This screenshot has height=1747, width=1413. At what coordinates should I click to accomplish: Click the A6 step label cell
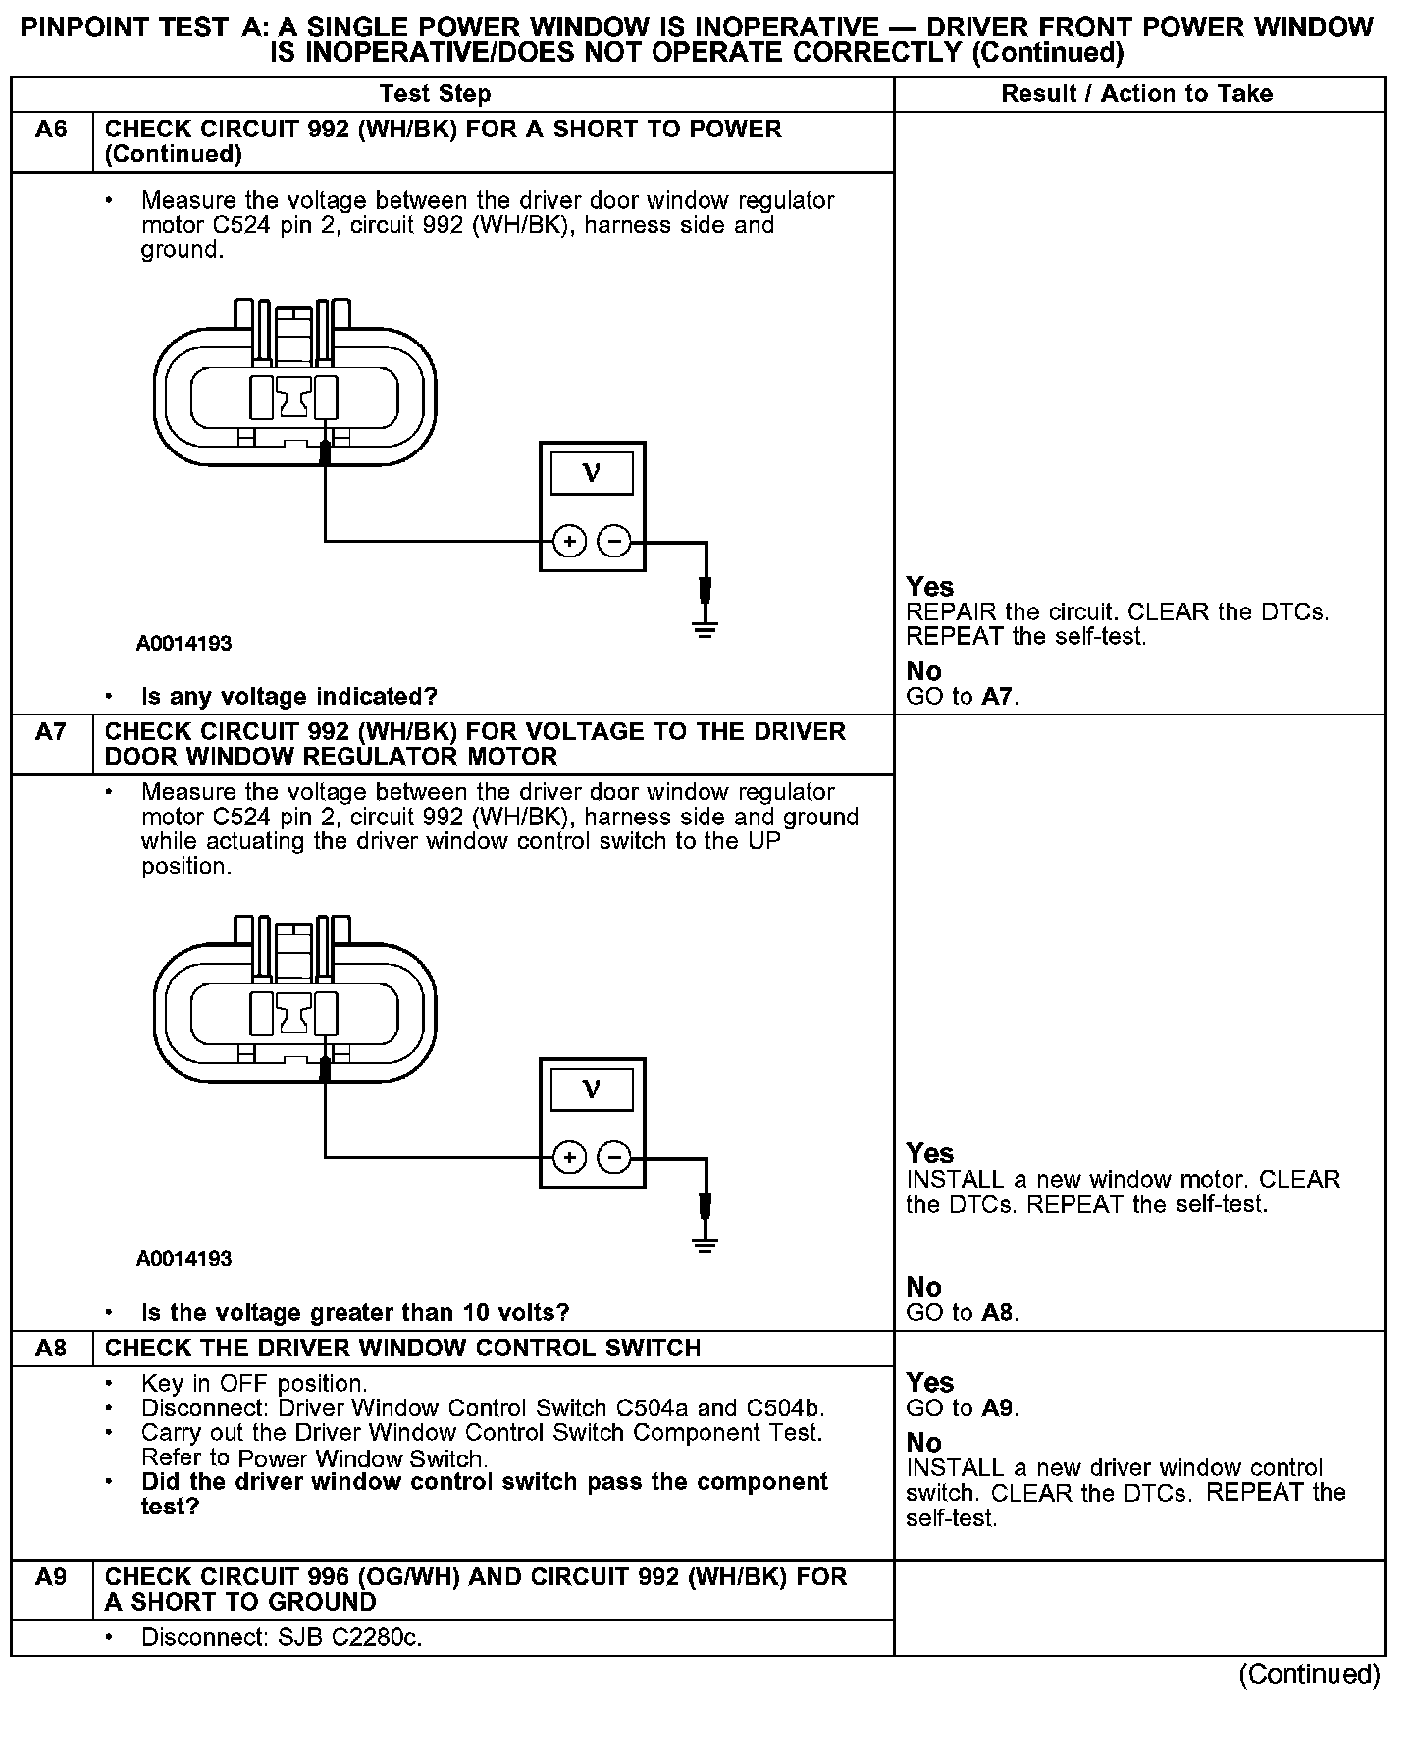[51, 131]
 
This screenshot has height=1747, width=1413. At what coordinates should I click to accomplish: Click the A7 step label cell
[51, 732]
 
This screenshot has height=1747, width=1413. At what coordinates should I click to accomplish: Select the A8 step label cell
[51, 1348]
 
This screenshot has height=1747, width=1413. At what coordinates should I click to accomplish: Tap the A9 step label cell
[51, 1577]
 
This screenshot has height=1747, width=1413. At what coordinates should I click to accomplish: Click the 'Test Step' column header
[435, 94]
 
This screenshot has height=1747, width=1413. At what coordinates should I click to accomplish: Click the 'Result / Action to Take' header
[1137, 94]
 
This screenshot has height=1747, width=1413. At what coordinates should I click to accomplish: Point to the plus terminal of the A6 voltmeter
[569, 541]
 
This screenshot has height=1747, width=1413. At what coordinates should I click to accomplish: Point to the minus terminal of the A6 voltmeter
[614, 541]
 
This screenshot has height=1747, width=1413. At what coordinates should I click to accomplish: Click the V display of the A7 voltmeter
[592, 1089]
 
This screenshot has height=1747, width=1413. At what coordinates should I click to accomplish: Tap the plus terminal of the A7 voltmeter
[569, 1157]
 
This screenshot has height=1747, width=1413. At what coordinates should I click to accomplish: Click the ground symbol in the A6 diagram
[705, 628]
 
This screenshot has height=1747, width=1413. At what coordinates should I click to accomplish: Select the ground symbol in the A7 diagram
[705, 1244]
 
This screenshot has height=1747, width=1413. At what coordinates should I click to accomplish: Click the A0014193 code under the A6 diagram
[184, 644]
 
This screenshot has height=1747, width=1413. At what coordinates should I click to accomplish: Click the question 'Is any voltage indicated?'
[289, 697]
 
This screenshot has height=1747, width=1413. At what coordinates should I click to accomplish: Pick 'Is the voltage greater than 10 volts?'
[356, 1313]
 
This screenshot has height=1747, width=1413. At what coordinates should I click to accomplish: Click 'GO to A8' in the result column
[963, 1313]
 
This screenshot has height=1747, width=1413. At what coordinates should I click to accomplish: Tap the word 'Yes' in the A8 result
[930, 1383]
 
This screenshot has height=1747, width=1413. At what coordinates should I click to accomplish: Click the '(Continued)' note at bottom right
[1309, 1674]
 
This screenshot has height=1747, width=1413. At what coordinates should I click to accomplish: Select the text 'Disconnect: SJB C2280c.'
[282, 1637]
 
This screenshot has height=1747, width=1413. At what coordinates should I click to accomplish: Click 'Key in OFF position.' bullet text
[254, 1384]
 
